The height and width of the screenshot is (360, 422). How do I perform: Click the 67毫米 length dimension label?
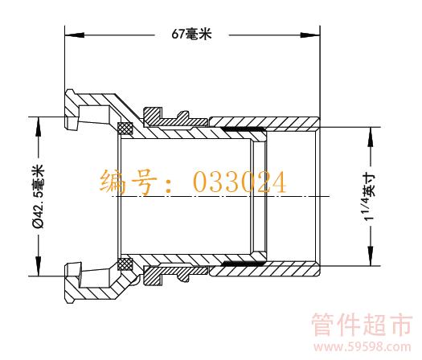[x=191, y=35]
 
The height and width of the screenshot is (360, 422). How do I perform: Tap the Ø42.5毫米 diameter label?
[x=39, y=197]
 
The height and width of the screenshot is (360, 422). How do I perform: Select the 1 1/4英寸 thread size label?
[x=370, y=197]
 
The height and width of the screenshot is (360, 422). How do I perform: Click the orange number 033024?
[x=240, y=182]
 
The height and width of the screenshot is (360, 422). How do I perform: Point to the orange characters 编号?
[x=129, y=182]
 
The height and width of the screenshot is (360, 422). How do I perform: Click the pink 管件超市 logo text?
[x=362, y=325]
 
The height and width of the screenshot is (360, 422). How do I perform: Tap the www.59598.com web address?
[x=363, y=347]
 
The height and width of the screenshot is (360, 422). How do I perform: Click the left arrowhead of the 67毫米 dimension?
[x=75, y=35]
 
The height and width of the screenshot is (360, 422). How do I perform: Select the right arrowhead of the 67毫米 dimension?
[x=310, y=35]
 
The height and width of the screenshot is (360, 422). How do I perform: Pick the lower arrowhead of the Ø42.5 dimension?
[x=39, y=266]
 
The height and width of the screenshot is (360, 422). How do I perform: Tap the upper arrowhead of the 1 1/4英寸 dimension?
[x=371, y=137]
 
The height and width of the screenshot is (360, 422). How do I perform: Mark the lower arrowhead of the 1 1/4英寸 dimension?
[x=371, y=256]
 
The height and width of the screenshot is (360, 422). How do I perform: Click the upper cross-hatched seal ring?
[x=125, y=128]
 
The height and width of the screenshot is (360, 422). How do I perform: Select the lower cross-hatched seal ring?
[x=125, y=264]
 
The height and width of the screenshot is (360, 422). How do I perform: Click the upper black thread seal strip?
[x=244, y=129]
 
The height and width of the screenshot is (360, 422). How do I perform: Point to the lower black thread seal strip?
[x=244, y=263]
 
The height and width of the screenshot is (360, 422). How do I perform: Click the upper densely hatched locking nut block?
[x=153, y=117]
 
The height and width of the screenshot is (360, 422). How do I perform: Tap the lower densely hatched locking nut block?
[x=153, y=276]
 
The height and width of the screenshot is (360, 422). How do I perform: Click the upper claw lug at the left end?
[x=72, y=109]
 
